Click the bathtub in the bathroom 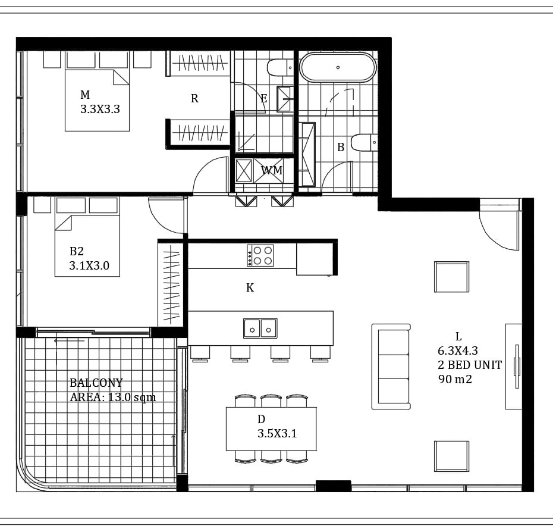coord(338,67)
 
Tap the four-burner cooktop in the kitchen coord(260,255)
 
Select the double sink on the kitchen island coord(260,328)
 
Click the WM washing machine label coord(272,170)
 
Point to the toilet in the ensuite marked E coord(280,67)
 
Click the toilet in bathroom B coord(365,142)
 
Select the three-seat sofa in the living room coord(391,367)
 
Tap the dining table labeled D coord(271,428)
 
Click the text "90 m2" coord(455,379)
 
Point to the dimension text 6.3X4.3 coord(458,351)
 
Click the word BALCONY coord(96,383)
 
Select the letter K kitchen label coord(250,287)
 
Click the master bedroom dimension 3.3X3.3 coord(100,109)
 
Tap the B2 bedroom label coord(77,251)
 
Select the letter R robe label coord(194,99)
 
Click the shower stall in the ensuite coord(264,134)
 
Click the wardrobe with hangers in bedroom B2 coord(171,284)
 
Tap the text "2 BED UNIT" coord(470,365)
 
